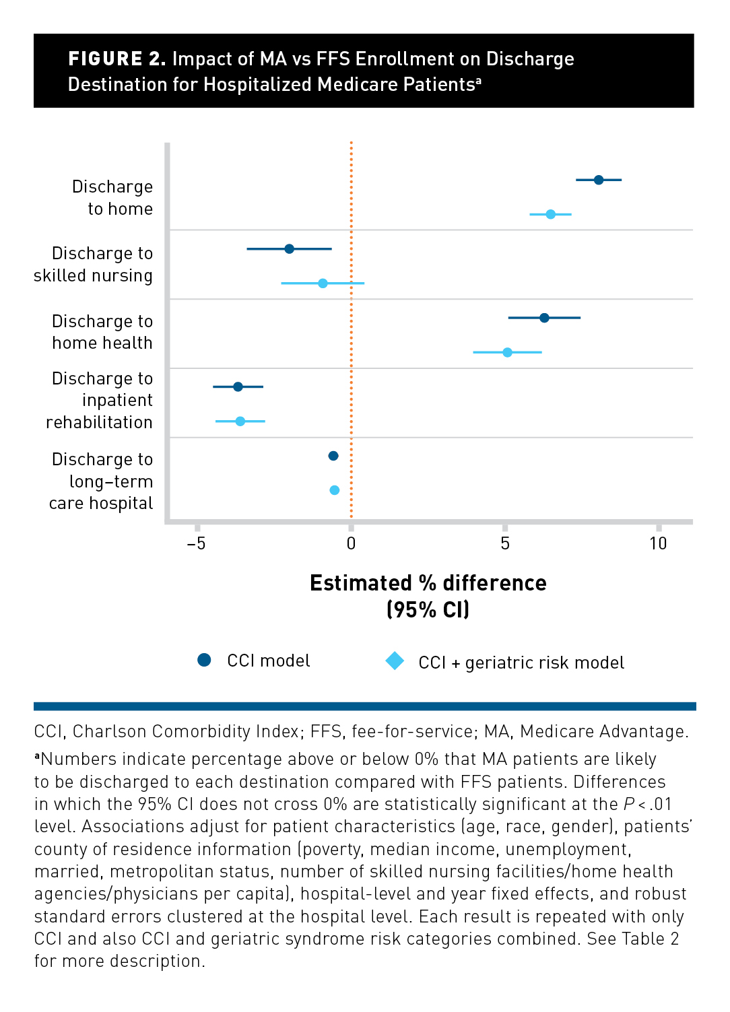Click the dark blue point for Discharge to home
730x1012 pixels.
(x=599, y=180)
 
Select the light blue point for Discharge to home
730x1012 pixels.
(x=550, y=214)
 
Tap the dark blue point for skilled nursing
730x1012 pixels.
(x=290, y=249)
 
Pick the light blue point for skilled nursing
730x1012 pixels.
(x=323, y=283)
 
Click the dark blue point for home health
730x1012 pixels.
(x=544, y=318)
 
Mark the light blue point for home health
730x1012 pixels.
(x=507, y=352)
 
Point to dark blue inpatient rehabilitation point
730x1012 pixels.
(x=238, y=386)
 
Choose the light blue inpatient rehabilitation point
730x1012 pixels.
(x=240, y=421)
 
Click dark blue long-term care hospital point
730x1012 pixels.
(x=333, y=456)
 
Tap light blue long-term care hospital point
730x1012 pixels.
(x=335, y=490)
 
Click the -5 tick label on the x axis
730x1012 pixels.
(x=196, y=543)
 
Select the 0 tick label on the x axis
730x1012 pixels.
(x=351, y=543)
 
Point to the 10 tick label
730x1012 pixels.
(x=658, y=543)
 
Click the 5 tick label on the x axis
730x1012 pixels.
(x=505, y=543)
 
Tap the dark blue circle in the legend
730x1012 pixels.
(x=204, y=660)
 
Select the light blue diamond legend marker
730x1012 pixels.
(x=395, y=661)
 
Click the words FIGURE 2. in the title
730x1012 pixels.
(x=117, y=59)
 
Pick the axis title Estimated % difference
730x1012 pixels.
(x=428, y=583)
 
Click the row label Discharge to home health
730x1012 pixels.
(x=102, y=332)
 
